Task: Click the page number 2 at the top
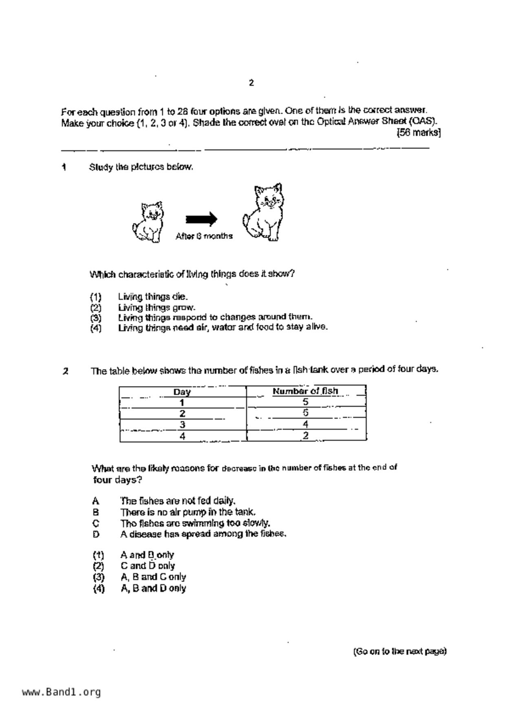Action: click(x=251, y=83)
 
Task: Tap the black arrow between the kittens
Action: click(x=201, y=219)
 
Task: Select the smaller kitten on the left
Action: click(x=148, y=223)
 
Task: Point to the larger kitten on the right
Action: click(x=263, y=212)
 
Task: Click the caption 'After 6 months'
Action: click(x=204, y=236)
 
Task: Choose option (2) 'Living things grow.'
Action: click(x=157, y=307)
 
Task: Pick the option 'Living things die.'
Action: click(x=153, y=297)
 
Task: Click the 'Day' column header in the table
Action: click(x=182, y=392)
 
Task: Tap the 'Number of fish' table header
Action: click(x=305, y=391)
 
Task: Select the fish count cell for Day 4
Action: click(x=306, y=435)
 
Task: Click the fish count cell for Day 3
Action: click(x=306, y=424)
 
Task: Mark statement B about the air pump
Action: click(x=188, y=512)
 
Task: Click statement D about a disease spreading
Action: click(x=203, y=534)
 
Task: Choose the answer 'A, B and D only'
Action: click(x=153, y=588)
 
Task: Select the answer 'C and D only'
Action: click(x=148, y=566)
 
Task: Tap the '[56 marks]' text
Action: click(x=419, y=132)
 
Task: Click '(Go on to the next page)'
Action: click(x=400, y=651)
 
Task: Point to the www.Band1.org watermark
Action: click(x=61, y=692)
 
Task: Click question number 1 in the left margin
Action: click(x=64, y=167)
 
